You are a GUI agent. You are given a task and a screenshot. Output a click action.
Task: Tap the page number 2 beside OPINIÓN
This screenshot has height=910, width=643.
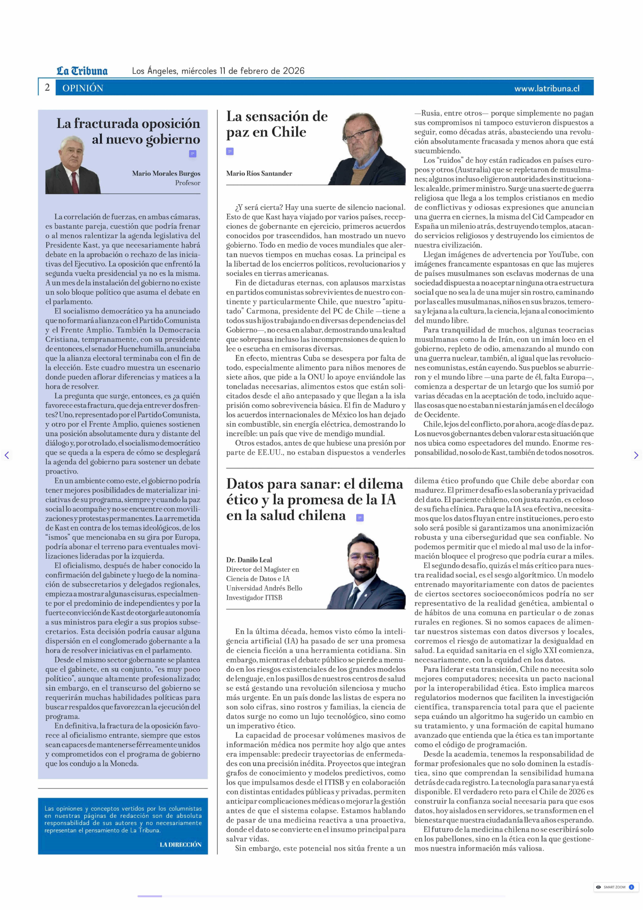tap(47, 88)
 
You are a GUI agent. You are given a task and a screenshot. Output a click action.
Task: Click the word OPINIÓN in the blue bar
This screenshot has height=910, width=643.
tap(83, 88)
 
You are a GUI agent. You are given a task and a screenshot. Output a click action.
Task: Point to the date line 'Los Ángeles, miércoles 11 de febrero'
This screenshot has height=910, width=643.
tap(218, 71)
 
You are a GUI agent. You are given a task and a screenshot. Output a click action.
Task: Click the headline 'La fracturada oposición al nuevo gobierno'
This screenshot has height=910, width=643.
tap(128, 131)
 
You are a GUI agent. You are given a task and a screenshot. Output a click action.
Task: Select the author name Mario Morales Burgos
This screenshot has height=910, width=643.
tap(166, 173)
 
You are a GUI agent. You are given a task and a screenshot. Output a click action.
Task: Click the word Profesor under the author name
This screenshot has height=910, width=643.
tap(188, 183)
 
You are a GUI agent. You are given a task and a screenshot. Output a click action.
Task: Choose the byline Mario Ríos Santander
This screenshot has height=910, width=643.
tap(259, 173)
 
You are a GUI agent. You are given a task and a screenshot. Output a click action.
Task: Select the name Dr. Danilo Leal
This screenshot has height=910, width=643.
tap(249, 560)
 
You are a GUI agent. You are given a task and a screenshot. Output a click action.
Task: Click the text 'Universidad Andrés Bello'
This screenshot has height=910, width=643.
tap(264, 588)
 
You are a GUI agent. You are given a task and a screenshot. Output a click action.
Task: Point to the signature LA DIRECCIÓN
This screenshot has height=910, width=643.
tap(181, 845)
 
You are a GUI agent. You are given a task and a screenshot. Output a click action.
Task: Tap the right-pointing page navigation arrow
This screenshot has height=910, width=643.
tap(636, 455)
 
